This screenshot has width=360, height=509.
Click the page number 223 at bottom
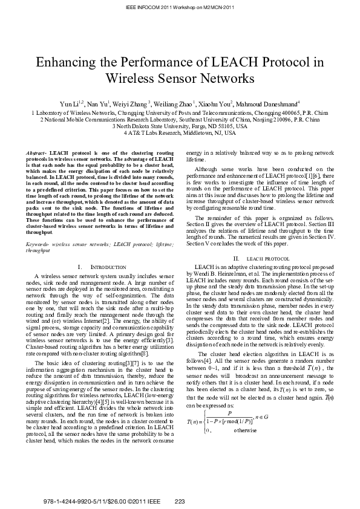point(180,501)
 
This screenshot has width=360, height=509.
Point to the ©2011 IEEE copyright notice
point(143,501)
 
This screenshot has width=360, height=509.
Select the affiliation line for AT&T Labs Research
point(180,133)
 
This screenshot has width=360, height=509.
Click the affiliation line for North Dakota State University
point(180,126)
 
